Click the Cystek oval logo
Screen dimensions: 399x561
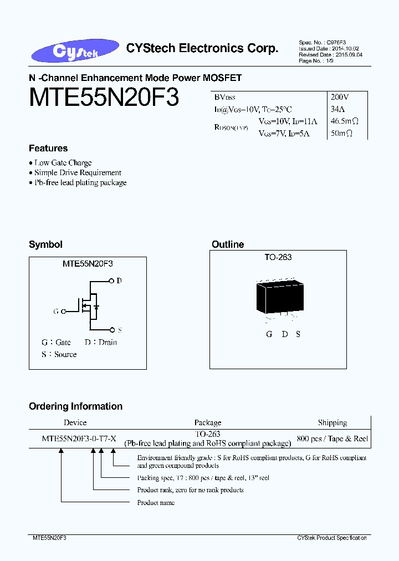tap(75, 51)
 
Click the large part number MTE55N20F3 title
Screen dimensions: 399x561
tap(104, 98)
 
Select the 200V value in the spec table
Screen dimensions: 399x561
tap(339, 96)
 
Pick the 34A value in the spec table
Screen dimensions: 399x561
tap(337, 109)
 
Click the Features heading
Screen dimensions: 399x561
tap(48, 149)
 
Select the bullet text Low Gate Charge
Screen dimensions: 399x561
tap(63, 163)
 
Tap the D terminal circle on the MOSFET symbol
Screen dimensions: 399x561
tap(111, 280)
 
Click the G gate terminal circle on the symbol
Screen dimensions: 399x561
tap(63, 312)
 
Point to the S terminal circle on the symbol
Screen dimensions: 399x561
tap(111, 329)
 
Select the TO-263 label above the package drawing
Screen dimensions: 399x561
tap(278, 257)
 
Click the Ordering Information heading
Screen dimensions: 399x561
tap(75, 406)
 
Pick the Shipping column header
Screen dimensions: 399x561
tap(332, 422)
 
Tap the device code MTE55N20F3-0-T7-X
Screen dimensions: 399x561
tap(79, 438)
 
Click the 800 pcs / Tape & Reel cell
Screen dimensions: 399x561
tap(332, 438)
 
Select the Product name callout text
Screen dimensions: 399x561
tap(156, 502)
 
